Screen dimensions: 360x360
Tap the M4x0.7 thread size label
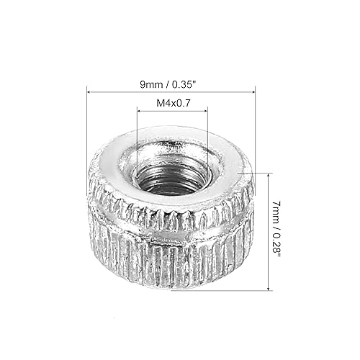(x=172, y=103)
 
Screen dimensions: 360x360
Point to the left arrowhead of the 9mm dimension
(x=89, y=91)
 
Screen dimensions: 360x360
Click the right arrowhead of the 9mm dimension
(x=253, y=91)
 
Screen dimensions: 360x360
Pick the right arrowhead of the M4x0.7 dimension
(x=205, y=112)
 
